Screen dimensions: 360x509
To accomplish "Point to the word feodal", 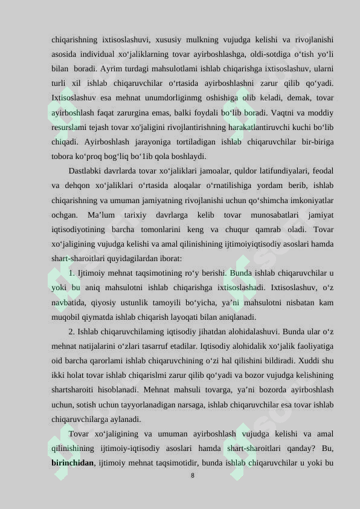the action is [x=321, y=170].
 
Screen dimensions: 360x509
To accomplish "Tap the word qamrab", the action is [x=245, y=229].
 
